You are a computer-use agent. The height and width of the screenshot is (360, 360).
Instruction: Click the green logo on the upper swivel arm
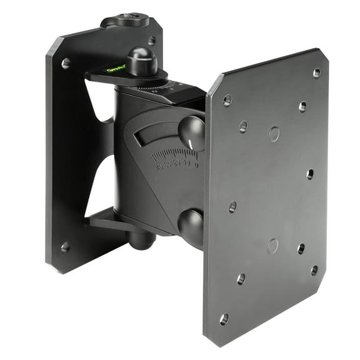point(116,68)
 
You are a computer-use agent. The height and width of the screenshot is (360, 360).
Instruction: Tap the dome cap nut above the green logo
point(141,60)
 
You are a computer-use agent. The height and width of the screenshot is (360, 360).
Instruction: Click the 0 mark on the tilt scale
point(196,165)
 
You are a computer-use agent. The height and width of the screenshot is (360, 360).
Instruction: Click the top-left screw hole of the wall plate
point(66,63)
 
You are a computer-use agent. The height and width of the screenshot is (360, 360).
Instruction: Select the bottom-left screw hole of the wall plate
point(65,247)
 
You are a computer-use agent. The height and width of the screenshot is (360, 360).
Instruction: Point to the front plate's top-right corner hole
point(316,72)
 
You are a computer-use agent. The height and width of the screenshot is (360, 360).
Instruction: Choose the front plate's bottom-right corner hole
point(314,270)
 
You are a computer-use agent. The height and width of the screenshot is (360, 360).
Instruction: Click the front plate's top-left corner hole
point(227,99)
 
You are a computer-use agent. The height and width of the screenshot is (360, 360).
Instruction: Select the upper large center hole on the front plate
point(274,133)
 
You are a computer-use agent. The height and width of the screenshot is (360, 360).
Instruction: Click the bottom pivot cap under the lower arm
point(142,239)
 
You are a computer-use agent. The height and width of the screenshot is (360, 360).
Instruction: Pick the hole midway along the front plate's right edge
point(310,174)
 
